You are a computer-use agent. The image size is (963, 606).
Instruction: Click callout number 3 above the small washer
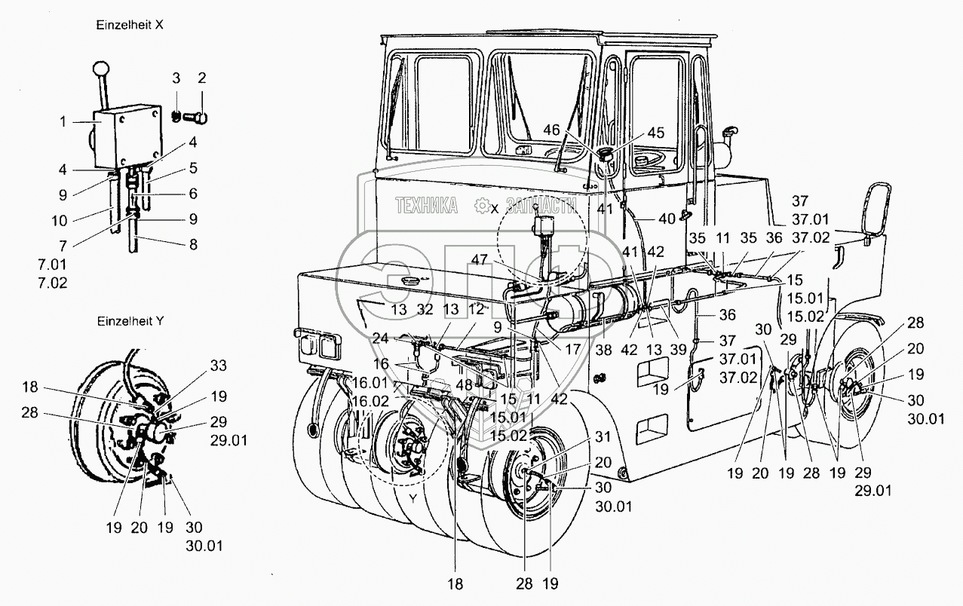coord(176,78)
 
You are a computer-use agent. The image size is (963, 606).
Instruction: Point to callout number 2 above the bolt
coord(201,78)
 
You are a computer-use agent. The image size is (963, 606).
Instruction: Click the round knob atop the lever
coord(100,69)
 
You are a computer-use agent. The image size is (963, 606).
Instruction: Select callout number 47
coord(480,259)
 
